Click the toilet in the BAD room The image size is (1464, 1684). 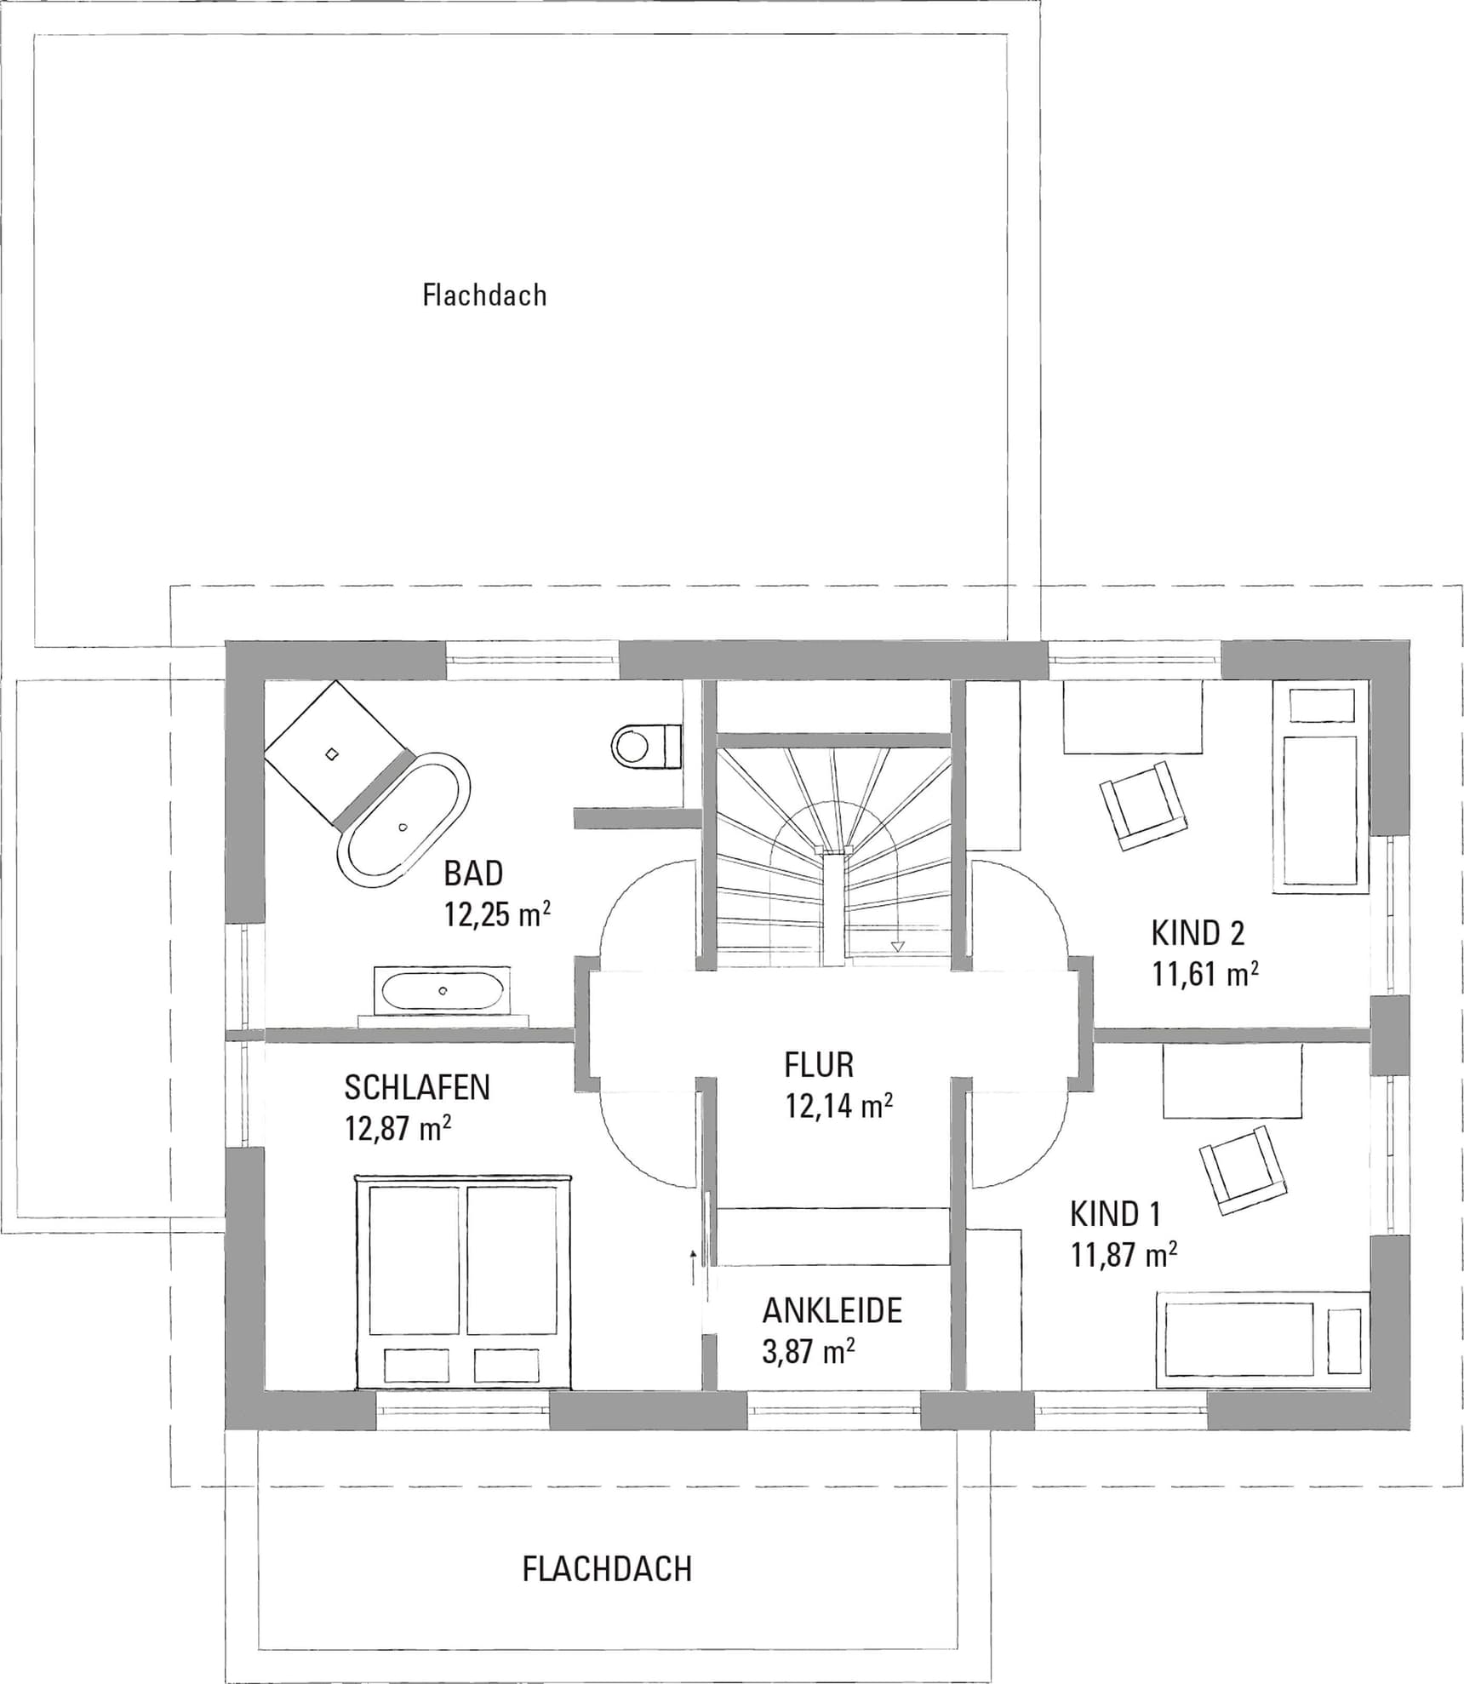[x=647, y=746]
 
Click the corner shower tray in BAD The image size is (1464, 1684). [x=338, y=752]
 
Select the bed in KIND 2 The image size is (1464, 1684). [x=1322, y=787]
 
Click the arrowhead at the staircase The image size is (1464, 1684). [x=896, y=945]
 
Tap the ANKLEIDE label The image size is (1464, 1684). [x=832, y=1311]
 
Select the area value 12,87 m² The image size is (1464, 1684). [x=397, y=1129]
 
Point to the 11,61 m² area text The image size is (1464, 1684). [x=1205, y=974]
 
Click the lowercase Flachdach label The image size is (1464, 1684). [x=484, y=295]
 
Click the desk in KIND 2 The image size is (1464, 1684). [x=1133, y=717]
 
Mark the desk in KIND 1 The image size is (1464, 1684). [x=1232, y=1082]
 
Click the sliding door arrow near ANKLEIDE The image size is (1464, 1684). [x=693, y=1269]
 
